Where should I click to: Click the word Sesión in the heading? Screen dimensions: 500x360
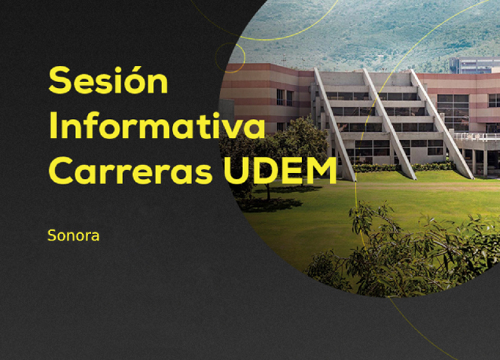tap(108, 79)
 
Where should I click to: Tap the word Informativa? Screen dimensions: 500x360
tap(157, 125)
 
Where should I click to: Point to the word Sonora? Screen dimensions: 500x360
tap(73, 235)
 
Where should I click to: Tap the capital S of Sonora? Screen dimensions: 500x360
tap(52, 235)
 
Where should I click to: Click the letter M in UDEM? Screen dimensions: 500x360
tap(321, 170)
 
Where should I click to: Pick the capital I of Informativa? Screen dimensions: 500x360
tap(53, 125)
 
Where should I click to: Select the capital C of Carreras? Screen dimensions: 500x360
tap(62, 170)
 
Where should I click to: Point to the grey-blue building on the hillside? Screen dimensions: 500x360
tap(474, 66)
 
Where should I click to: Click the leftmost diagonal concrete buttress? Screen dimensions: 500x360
tap(334, 124)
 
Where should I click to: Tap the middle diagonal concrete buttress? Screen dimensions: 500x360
tap(389, 124)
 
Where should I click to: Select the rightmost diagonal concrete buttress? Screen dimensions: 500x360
tap(442, 124)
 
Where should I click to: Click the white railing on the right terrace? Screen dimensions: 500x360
tap(477, 136)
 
